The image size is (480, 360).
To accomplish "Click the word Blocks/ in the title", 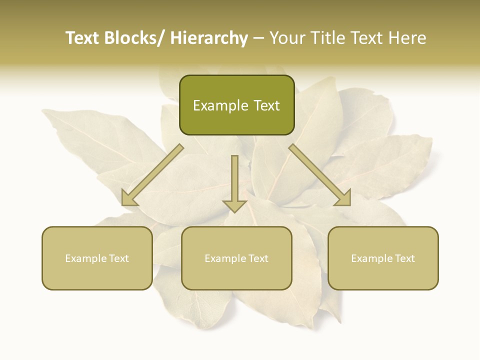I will click(133, 38).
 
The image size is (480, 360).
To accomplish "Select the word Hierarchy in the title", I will click(209, 38).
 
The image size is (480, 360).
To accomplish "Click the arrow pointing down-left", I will click(152, 175).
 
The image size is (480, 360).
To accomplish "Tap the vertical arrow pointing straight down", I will click(235, 182).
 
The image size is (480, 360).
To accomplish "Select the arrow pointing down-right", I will click(320, 175).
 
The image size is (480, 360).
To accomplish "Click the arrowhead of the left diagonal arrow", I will click(129, 198).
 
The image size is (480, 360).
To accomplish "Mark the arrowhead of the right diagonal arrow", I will click(344, 198).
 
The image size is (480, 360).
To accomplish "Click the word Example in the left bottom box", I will click(85, 258).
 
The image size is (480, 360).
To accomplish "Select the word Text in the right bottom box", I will click(404, 258).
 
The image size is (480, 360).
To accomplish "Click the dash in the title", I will click(258, 38).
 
